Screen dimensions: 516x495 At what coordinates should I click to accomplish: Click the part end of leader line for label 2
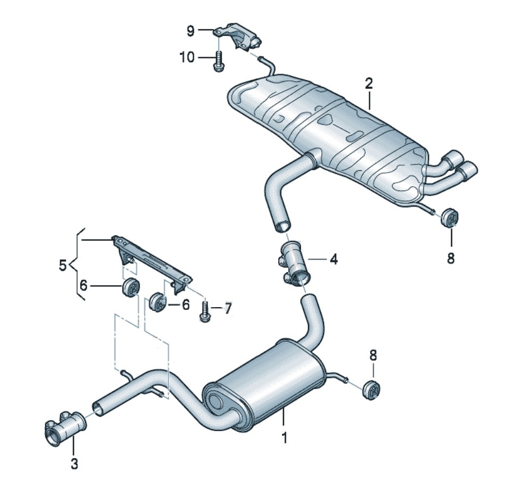pyautogui.click(x=370, y=110)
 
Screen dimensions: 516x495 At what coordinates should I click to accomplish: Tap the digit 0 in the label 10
pyautogui.click(x=190, y=57)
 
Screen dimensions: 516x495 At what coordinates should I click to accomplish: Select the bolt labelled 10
pyautogui.click(x=218, y=61)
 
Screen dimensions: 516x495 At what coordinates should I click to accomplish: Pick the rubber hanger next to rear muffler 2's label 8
pyautogui.click(x=450, y=218)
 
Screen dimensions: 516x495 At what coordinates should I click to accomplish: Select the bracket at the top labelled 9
pyautogui.click(x=238, y=37)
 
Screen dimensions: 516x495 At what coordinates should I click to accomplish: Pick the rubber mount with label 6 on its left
pyautogui.click(x=131, y=287)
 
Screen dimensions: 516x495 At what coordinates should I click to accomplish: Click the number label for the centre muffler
pyautogui.click(x=284, y=438)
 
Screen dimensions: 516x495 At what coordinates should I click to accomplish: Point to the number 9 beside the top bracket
pyautogui.click(x=190, y=31)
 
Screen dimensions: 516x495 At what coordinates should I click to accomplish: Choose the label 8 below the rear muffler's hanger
pyautogui.click(x=451, y=258)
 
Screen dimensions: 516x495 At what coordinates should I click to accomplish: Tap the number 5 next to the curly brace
pyautogui.click(x=63, y=265)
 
